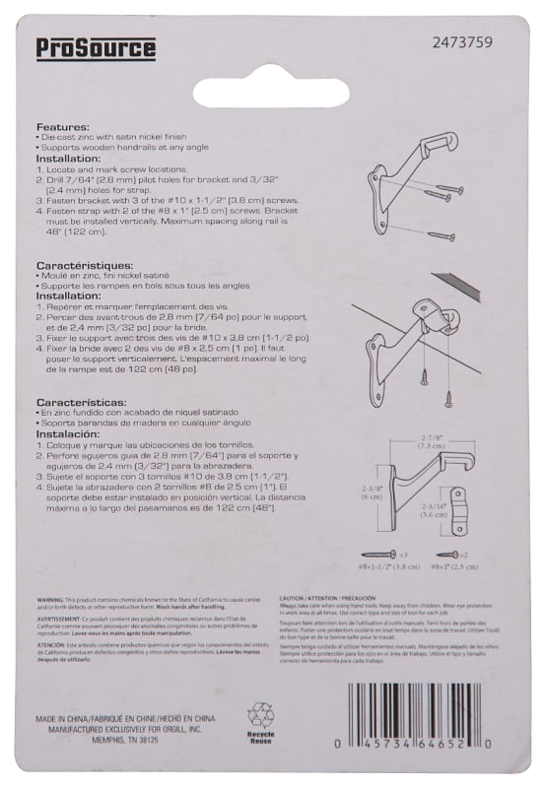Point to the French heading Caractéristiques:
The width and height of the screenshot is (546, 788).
[x=85, y=266]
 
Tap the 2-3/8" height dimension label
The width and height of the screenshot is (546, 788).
[x=372, y=492]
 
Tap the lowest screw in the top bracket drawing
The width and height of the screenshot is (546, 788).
[x=441, y=235]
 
